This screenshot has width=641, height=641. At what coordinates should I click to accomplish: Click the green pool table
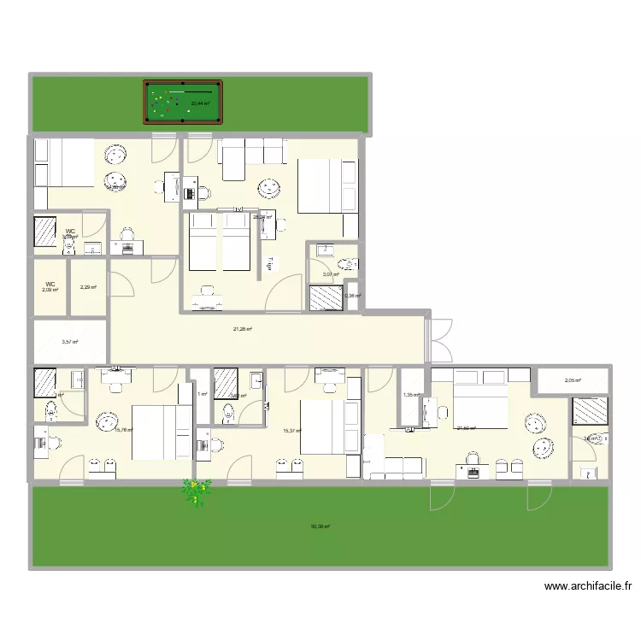click(181, 103)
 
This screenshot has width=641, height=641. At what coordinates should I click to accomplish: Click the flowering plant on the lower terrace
click(197, 493)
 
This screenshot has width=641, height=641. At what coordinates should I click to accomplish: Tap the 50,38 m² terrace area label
click(320, 527)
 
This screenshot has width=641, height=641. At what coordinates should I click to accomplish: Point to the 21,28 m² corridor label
click(242, 328)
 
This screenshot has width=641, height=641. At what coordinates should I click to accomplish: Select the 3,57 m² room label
click(69, 342)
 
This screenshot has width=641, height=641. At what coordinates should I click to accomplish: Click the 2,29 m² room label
click(87, 287)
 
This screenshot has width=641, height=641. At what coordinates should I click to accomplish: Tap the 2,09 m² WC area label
click(50, 290)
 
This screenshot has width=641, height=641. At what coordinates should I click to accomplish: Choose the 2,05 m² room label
click(572, 380)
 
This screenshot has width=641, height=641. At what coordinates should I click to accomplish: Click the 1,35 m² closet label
click(411, 395)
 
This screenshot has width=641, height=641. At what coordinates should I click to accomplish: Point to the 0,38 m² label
click(352, 297)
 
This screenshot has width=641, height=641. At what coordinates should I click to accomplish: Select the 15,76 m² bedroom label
click(123, 430)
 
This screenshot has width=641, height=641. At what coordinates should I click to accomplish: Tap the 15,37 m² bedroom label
click(292, 431)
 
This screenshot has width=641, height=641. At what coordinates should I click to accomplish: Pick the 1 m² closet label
click(202, 394)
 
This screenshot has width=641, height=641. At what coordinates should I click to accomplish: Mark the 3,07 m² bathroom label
click(328, 275)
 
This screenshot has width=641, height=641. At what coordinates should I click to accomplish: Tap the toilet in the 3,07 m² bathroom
click(346, 264)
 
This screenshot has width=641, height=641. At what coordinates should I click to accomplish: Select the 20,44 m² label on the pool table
click(200, 103)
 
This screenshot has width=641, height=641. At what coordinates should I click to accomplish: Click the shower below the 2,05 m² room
click(591, 412)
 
